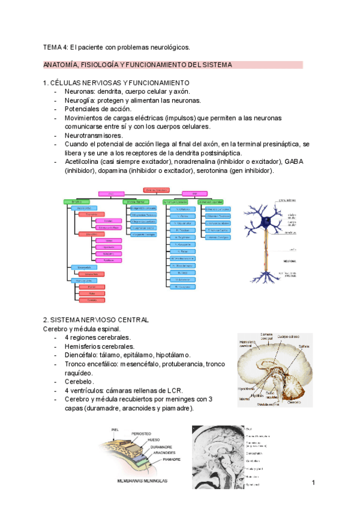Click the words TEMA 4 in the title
coord(55,47)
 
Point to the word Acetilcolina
coord(83,162)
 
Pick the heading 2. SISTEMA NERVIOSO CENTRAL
coord(95,320)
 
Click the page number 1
coord(313,483)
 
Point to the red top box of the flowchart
coord(157,190)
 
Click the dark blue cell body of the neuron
coord(265,221)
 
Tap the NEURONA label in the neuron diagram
coord(292,261)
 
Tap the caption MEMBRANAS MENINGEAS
coord(143,481)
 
